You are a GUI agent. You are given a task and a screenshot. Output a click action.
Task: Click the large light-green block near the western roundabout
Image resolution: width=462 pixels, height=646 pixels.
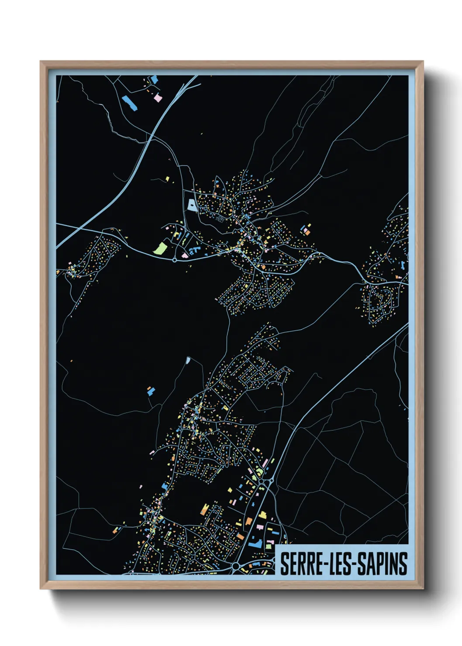[x=160, y=248]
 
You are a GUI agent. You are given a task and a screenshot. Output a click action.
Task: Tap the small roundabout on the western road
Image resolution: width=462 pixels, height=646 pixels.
[x=175, y=260]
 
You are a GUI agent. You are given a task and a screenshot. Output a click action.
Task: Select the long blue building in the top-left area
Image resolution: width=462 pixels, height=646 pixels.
[x=129, y=103]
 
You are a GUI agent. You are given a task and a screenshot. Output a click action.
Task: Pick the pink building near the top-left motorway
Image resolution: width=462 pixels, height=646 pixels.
[x=158, y=98]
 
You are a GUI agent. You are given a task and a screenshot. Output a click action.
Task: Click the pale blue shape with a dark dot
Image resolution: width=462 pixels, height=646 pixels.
[x=192, y=205]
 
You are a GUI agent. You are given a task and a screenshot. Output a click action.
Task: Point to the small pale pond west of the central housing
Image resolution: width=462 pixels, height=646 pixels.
[x=188, y=360]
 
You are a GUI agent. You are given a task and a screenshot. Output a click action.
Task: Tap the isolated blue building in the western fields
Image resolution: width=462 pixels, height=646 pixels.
[x=151, y=390]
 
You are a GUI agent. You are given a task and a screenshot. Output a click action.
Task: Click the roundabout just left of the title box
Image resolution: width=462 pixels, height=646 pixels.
[x=236, y=566]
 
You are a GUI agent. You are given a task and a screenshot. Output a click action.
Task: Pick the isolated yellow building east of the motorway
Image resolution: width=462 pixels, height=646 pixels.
[x=167, y=179]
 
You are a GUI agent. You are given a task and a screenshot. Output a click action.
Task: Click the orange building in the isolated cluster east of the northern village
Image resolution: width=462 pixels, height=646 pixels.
[x=307, y=232]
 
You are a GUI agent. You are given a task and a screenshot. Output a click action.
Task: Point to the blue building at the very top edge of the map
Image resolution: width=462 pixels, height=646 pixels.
[x=154, y=79]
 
